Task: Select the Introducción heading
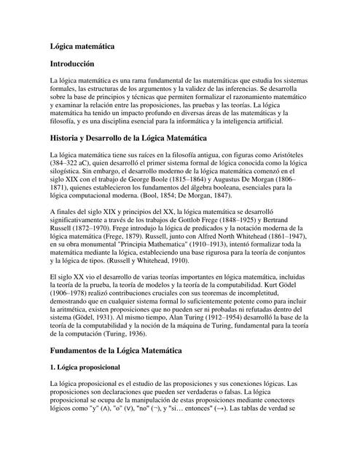tap(73, 65)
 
